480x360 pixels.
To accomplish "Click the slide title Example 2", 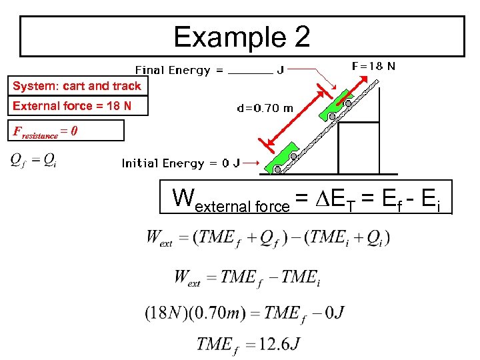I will pyautogui.click(x=241, y=37).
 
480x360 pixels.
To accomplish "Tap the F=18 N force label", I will pyautogui.click(x=373, y=66).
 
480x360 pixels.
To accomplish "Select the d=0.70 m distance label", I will pyautogui.click(x=265, y=107).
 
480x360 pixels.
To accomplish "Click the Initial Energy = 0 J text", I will pyautogui.click(x=180, y=163).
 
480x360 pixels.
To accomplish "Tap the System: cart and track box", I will pyautogui.click(x=77, y=86).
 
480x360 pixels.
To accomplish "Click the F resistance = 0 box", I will pyautogui.click(x=66, y=131).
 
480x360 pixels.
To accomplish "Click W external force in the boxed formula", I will pyautogui.click(x=230, y=200).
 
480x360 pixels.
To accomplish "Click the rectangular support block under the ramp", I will pyautogui.click(x=359, y=147).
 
